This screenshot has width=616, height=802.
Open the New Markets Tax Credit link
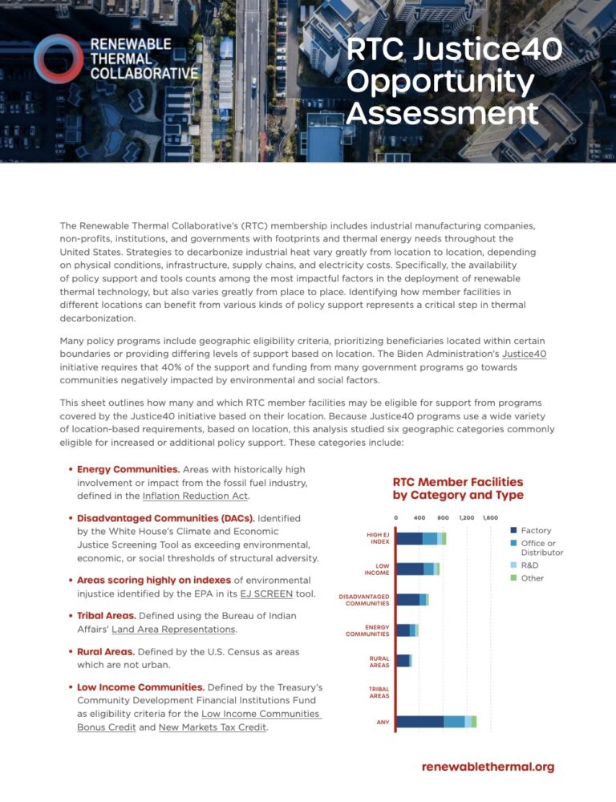pyautogui.click(x=212, y=727)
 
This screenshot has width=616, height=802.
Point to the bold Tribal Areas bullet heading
pyautogui.click(x=106, y=615)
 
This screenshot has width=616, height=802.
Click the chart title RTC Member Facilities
pyautogui.click(x=457, y=482)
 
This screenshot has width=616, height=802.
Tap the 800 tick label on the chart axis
pyautogui.click(x=443, y=517)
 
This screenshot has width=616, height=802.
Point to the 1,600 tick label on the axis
pyautogui.click(x=490, y=517)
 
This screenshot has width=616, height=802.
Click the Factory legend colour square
pyautogui.click(x=513, y=531)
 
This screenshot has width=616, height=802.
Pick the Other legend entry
pyautogui.click(x=532, y=578)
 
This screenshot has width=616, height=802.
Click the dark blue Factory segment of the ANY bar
pyautogui.click(x=419, y=722)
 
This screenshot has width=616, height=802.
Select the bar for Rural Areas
pyautogui.click(x=403, y=660)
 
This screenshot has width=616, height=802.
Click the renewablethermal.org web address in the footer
pyautogui.click(x=488, y=767)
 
